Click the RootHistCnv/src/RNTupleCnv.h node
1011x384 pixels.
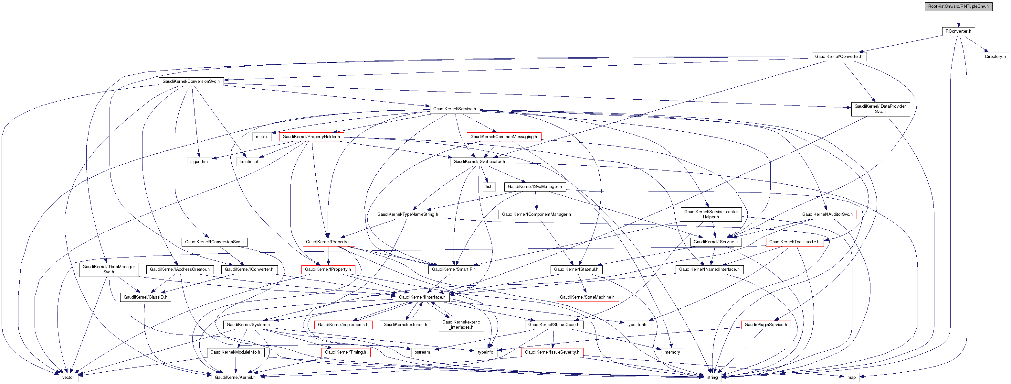(958, 6)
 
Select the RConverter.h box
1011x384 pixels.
(958, 31)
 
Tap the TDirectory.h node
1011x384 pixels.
(994, 57)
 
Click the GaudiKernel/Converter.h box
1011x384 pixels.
(838, 57)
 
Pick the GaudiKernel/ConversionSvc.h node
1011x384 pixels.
(191, 81)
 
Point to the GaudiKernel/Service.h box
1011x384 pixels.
(455, 109)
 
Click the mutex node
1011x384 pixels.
(261, 137)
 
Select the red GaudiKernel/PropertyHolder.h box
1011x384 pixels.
(311, 137)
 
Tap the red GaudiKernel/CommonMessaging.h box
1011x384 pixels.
(503, 137)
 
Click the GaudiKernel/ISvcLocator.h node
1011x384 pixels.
(479, 161)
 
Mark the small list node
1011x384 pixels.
(489, 187)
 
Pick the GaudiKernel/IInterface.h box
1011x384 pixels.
(422, 297)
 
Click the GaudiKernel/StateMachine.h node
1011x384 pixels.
(587, 297)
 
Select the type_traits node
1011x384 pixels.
(637, 325)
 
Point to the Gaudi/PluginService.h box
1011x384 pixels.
(765, 325)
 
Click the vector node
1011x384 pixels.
(68, 377)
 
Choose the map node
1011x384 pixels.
(851, 377)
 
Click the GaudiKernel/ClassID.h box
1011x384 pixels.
(145, 297)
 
